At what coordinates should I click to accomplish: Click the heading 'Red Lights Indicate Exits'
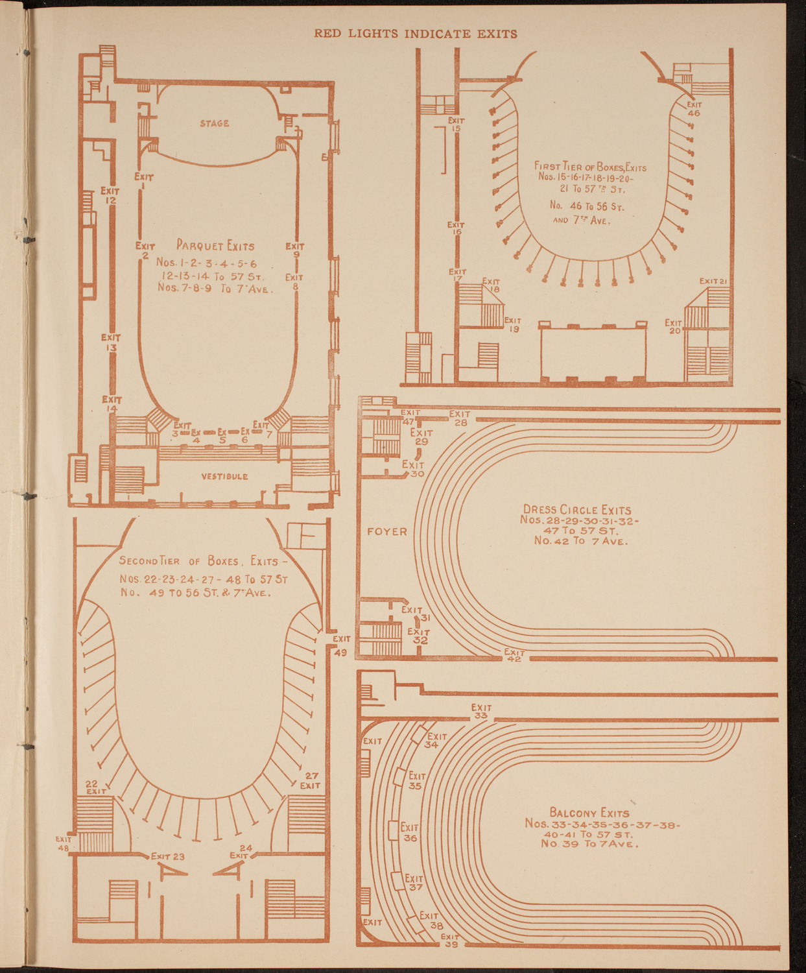416,34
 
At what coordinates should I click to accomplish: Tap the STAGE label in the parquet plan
214,123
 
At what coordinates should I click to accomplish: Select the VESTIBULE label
224,476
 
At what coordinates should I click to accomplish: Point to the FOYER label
387,532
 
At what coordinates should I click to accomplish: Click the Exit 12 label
110,196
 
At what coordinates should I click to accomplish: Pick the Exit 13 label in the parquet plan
111,342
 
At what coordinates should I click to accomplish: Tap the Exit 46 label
694,108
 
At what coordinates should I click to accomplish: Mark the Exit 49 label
341,646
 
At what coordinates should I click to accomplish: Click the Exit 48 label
64,843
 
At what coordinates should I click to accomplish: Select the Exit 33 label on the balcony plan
481,712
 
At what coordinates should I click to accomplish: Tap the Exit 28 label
460,418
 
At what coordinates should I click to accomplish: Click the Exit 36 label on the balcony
410,832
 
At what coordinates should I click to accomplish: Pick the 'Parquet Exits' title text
215,246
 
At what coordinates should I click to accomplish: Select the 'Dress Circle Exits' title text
577,510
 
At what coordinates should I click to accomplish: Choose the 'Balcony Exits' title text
589,812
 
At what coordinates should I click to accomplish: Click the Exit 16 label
456,228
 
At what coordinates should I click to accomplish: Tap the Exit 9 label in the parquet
295,250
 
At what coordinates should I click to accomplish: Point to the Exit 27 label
310,780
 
